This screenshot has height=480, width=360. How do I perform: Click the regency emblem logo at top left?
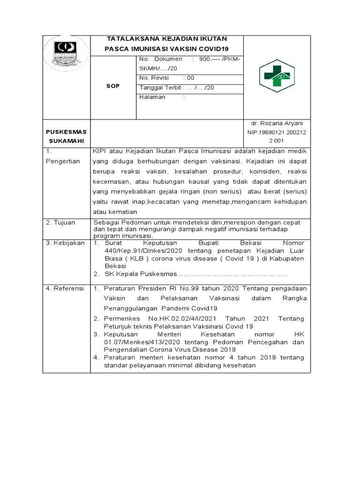pyautogui.click(x=66, y=53)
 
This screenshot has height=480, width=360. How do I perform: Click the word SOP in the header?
pyautogui.click(x=113, y=86)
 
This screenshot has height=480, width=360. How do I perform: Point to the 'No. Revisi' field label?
pyautogui.click(x=154, y=78)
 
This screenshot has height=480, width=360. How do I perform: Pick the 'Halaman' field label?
pyautogui.click(x=152, y=97)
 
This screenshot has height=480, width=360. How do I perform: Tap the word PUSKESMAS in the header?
pyautogui.click(x=66, y=132)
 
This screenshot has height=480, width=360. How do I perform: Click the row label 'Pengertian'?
pyautogui.click(x=63, y=161)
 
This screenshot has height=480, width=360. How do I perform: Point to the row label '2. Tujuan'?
pyautogui.click(x=60, y=222)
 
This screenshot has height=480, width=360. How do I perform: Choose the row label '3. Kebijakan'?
pyautogui.click(x=65, y=243)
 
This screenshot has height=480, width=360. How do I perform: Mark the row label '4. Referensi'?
pyautogui.click(x=65, y=289)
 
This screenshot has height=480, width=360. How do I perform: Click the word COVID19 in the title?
pyautogui.click(x=214, y=49)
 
